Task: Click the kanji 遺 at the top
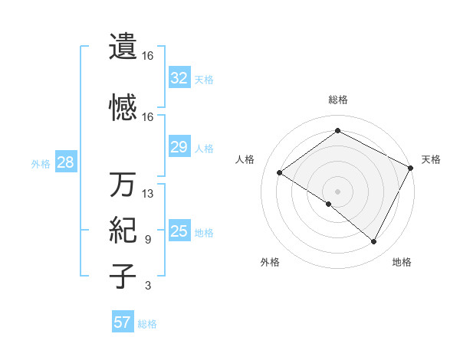click(x=123, y=47)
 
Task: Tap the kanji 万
click(x=123, y=185)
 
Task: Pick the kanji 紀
click(x=123, y=230)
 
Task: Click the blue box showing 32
click(x=179, y=78)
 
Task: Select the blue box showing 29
click(x=179, y=147)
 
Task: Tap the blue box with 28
click(x=65, y=163)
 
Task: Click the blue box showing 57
click(x=123, y=322)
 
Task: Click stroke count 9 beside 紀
click(x=148, y=239)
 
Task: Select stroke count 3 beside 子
click(x=148, y=286)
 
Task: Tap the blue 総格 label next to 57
click(x=147, y=324)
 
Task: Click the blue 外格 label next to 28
click(x=41, y=164)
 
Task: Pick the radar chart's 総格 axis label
click(x=337, y=100)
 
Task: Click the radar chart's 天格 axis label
click(x=431, y=159)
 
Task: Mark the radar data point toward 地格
click(x=374, y=242)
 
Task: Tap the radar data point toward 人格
click(x=280, y=173)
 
